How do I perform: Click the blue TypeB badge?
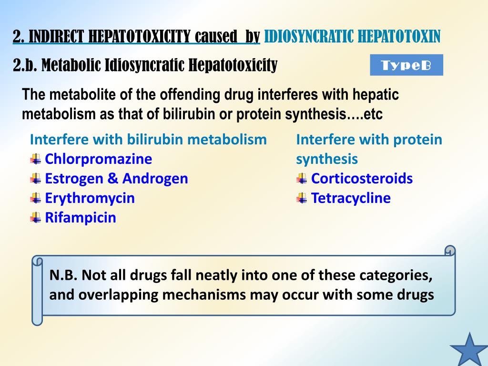[407, 65]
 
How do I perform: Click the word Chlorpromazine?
[98, 159]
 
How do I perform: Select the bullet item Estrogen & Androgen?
[116, 179]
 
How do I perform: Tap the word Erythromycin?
[90, 198]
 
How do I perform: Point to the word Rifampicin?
[81, 218]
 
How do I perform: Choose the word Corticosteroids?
[362, 179]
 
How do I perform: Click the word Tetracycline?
[351, 198]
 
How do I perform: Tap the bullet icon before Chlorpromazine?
[35, 159]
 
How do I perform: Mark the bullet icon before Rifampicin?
[35, 218]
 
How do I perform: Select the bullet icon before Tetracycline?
[301, 198]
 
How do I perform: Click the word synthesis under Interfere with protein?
[326, 159]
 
